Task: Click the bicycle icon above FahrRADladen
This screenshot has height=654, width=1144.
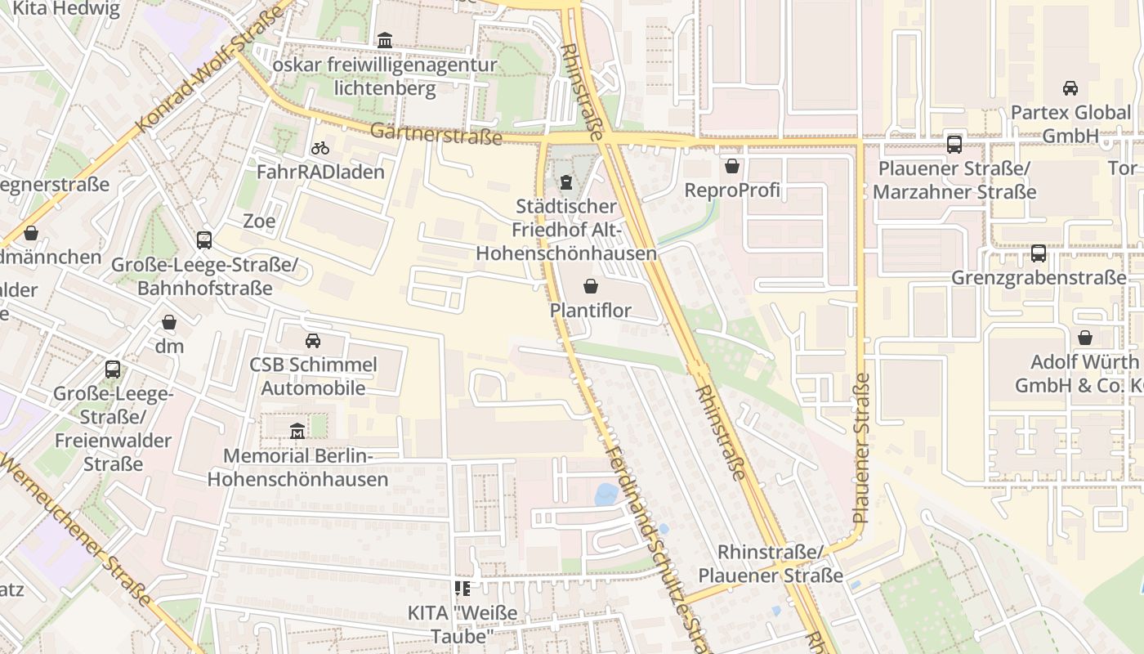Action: click(x=320, y=148)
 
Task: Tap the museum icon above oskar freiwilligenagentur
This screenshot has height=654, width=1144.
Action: click(x=384, y=40)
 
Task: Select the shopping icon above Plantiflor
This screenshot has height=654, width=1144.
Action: click(x=591, y=286)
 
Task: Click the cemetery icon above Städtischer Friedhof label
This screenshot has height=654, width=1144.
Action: click(x=565, y=181)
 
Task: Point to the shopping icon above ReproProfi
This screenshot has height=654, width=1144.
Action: click(x=732, y=166)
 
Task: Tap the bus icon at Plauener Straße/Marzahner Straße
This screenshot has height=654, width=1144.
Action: click(x=954, y=145)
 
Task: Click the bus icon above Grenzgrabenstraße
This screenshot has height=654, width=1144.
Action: click(x=1038, y=253)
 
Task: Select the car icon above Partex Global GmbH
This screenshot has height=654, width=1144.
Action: click(x=1070, y=87)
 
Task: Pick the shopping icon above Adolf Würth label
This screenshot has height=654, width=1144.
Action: click(x=1085, y=338)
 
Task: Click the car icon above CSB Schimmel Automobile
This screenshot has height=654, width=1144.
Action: click(x=312, y=340)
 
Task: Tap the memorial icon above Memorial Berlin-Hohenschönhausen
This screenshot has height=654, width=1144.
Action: click(x=297, y=431)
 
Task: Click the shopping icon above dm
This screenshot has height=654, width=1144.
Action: click(x=169, y=322)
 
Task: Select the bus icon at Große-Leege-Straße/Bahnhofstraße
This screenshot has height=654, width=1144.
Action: click(x=204, y=240)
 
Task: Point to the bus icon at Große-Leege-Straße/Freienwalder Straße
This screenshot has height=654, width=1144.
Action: click(x=113, y=370)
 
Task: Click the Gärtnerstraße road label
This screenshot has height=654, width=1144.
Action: click(x=436, y=133)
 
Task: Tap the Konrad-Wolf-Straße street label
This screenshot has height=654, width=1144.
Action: click(x=211, y=70)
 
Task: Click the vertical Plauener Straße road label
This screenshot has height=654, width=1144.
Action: click(x=860, y=448)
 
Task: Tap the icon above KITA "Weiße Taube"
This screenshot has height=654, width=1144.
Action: click(x=463, y=589)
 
